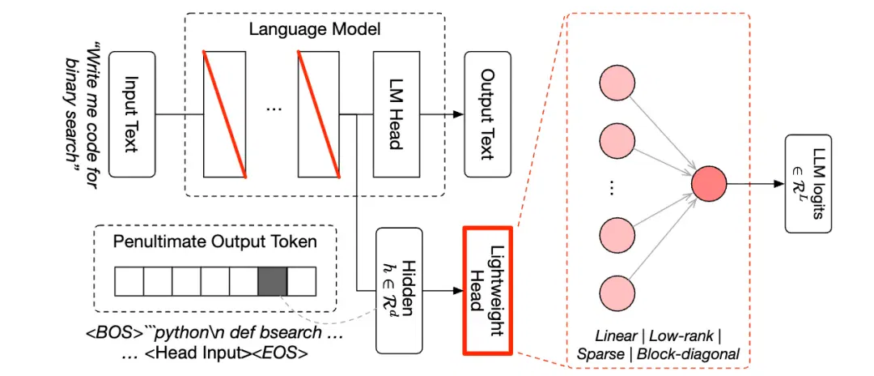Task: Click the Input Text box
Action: pos(132,114)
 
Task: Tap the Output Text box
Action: pos(488,114)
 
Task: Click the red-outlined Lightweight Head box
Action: pos(487,290)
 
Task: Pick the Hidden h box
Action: pos(398,289)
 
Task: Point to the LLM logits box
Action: pos(808,183)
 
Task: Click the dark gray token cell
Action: pos(273,281)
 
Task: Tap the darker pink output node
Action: pos(709,183)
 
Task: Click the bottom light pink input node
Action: pos(619,290)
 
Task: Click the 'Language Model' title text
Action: pos(315,29)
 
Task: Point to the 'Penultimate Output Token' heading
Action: pos(215,242)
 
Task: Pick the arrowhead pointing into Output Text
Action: pos(459,114)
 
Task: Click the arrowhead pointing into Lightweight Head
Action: pos(456,290)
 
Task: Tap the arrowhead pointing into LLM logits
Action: pos(779,183)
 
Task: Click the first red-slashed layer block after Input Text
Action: pos(224,114)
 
